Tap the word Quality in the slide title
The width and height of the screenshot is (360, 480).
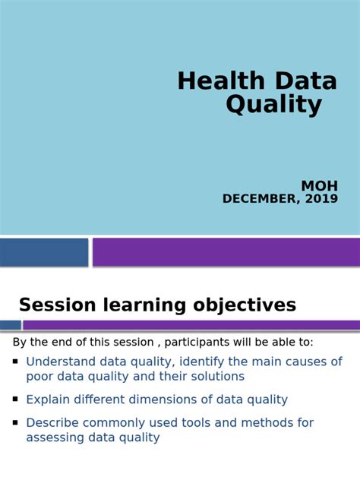point(273,106)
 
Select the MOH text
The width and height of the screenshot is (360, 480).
point(319,186)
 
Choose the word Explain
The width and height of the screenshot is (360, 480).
point(47,399)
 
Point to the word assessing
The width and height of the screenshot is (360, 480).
point(55,437)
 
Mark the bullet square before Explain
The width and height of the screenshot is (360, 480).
point(15,398)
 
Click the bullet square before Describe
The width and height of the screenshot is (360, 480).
point(15,421)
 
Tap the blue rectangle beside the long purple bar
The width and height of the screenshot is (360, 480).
point(44,252)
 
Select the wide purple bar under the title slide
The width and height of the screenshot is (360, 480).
point(226,252)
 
